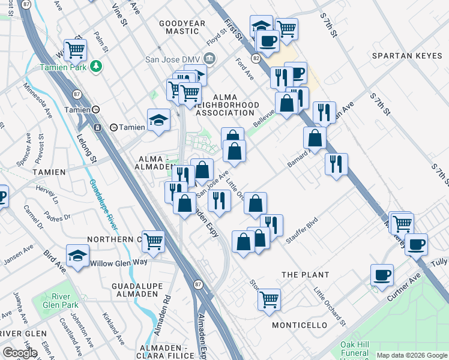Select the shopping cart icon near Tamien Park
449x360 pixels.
76,49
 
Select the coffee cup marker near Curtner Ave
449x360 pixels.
382,275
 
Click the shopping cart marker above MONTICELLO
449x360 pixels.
270,298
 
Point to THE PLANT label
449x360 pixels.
306,275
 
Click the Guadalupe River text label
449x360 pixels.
103,204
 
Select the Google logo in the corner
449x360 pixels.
20,352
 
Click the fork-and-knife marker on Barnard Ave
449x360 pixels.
336,163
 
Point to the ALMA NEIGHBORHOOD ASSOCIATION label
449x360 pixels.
224,104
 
